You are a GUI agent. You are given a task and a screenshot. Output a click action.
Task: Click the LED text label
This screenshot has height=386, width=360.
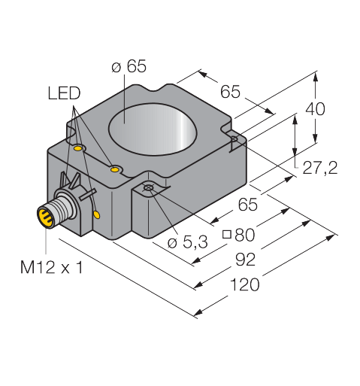(x=64, y=93)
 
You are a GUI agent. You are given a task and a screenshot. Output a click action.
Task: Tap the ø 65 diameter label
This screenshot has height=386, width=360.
(x=129, y=66)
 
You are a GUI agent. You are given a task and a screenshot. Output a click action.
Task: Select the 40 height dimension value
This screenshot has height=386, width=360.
(x=315, y=109)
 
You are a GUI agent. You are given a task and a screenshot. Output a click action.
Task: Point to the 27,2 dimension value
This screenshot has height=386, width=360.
(x=320, y=168)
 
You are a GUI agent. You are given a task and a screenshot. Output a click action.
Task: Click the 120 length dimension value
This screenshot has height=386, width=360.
(x=244, y=284)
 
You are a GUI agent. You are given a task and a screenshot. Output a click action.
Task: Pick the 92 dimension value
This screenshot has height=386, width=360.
(x=245, y=260)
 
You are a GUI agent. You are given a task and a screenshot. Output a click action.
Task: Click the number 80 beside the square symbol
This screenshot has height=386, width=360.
(x=244, y=235)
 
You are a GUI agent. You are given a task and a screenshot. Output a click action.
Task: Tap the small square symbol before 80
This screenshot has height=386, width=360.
(x=227, y=235)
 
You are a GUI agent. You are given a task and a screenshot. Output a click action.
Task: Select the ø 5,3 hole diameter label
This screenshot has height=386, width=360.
(x=187, y=242)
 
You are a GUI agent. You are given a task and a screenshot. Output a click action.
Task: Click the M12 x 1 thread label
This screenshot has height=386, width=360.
(x=51, y=267)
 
